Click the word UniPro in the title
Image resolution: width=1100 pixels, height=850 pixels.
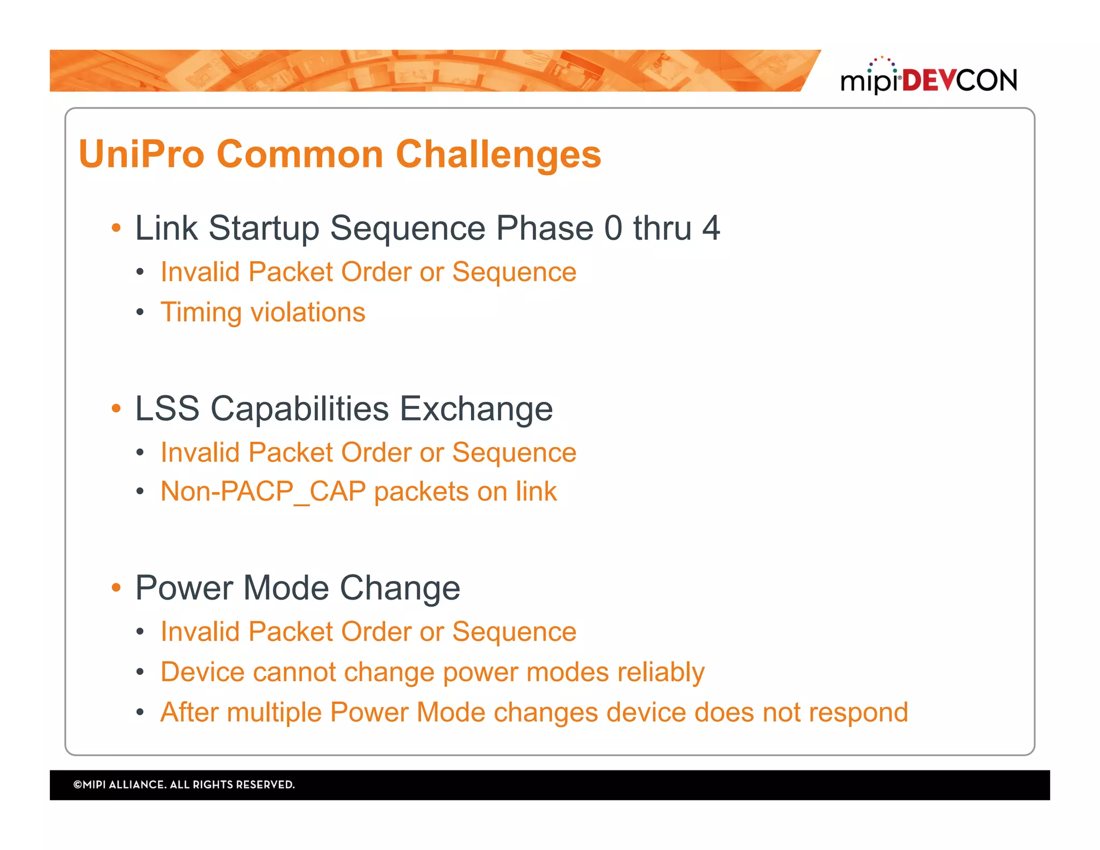141,154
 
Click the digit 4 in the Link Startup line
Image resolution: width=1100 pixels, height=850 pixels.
711,228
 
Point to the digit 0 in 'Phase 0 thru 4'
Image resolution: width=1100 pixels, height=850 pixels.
613,228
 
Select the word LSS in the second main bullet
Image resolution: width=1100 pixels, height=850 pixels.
167,409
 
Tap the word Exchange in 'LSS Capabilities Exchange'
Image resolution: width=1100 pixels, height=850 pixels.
476,409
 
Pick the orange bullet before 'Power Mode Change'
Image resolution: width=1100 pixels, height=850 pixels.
116,587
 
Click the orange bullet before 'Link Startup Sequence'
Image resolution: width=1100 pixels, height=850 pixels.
116,228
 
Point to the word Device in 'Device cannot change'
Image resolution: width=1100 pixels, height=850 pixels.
202,672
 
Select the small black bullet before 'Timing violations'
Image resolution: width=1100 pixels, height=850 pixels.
140,312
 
